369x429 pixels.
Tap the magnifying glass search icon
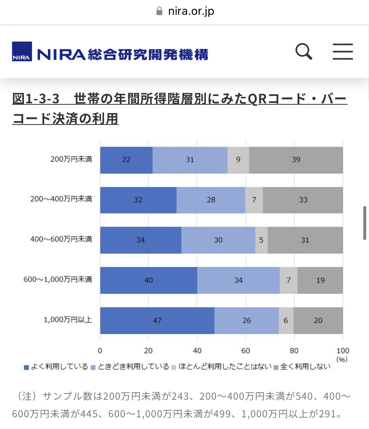[304, 52]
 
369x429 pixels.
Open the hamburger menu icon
[343, 52]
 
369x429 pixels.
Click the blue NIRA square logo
[22, 51]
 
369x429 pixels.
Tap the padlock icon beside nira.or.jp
[160, 11]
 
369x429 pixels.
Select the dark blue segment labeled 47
[157, 320]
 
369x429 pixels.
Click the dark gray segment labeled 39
[296, 160]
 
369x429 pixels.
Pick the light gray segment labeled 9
[238, 160]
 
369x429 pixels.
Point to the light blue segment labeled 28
[211, 200]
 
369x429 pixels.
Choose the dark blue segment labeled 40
[149, 280]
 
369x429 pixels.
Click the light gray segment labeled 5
[261, 240]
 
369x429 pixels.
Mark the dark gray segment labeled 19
[320, 280]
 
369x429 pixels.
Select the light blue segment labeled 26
[247, 320]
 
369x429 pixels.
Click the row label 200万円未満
[71, 159]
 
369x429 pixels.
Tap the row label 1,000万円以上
[68, 320]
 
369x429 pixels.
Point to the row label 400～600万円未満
[61, 239]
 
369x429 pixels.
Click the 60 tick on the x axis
[245, 351]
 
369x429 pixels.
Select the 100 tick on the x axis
[343, 351]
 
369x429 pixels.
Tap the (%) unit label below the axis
[342, 359]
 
